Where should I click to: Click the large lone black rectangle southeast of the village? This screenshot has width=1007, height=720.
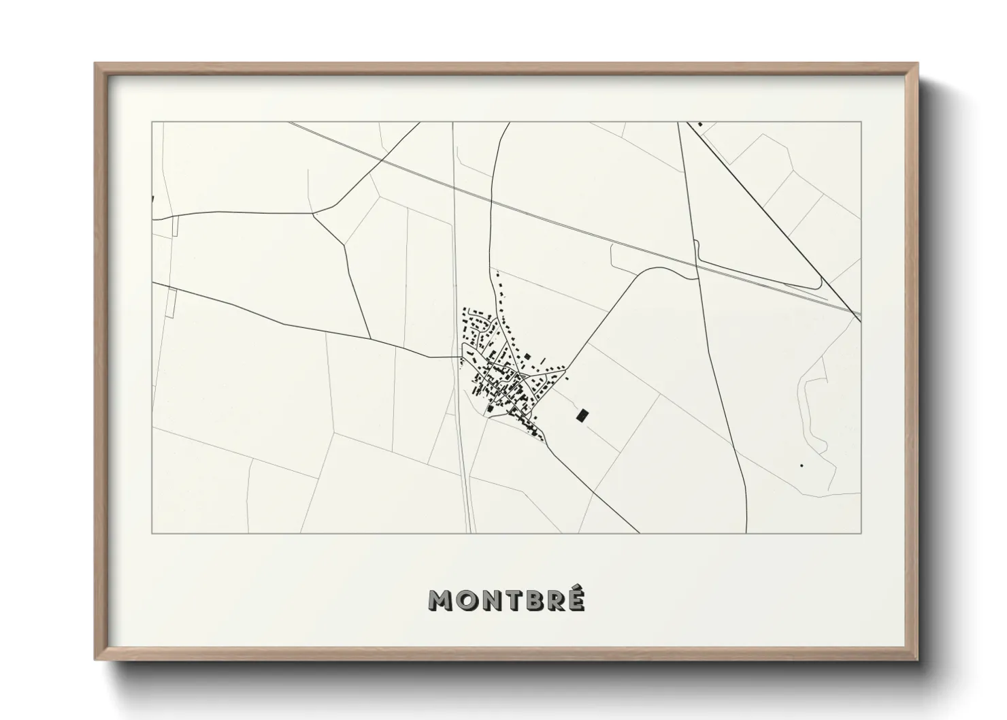pos(581,414)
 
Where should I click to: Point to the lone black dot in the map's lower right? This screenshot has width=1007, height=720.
pos(802,465)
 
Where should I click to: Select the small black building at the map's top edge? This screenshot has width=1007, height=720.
pos(700,125)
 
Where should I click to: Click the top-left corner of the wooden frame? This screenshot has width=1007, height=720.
pos(95,64)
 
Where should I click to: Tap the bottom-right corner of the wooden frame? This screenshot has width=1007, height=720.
pos(918,659)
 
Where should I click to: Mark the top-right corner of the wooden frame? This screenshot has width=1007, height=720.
pos(918,64)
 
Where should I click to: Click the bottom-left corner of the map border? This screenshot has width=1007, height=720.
pos(152,533)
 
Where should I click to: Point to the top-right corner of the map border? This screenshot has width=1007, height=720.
pos(861,122)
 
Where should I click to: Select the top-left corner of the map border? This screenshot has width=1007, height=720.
pos(152,122)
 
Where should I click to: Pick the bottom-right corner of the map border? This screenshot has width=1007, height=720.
pos(861,533)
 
